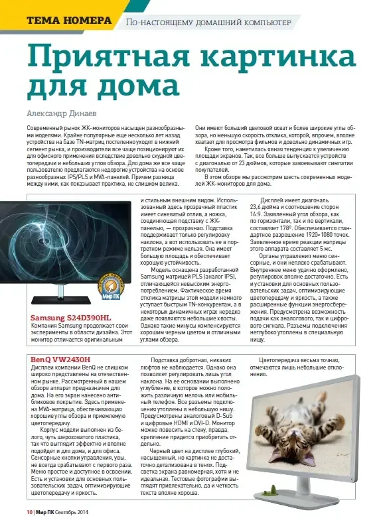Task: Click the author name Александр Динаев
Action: pos(63,112)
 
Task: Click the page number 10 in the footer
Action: pos(29,513)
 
